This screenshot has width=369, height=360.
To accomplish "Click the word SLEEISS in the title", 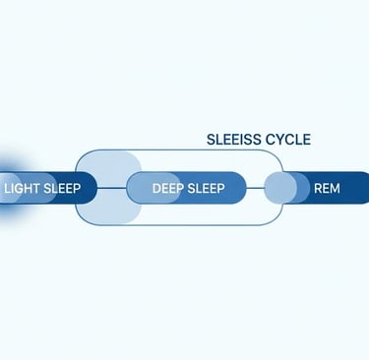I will (x=232, y=140).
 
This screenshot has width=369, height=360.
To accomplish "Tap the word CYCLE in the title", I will (x=286, y=140).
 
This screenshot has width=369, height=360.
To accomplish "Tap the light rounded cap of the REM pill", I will (x=281, y=187).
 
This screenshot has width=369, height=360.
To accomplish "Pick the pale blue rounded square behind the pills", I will (x=109, y=211).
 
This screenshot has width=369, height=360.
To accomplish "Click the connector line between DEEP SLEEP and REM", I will (x=256, y=187).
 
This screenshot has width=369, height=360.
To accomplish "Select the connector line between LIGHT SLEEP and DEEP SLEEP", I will (x=112, y=187).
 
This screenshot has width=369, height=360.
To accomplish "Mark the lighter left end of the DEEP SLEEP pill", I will (x=140, y=187).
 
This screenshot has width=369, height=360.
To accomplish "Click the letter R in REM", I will (x=317, y=187).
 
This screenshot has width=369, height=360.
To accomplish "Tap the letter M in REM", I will (x=336, y=187).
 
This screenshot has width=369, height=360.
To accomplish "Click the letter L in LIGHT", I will (x=8, y=187).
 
